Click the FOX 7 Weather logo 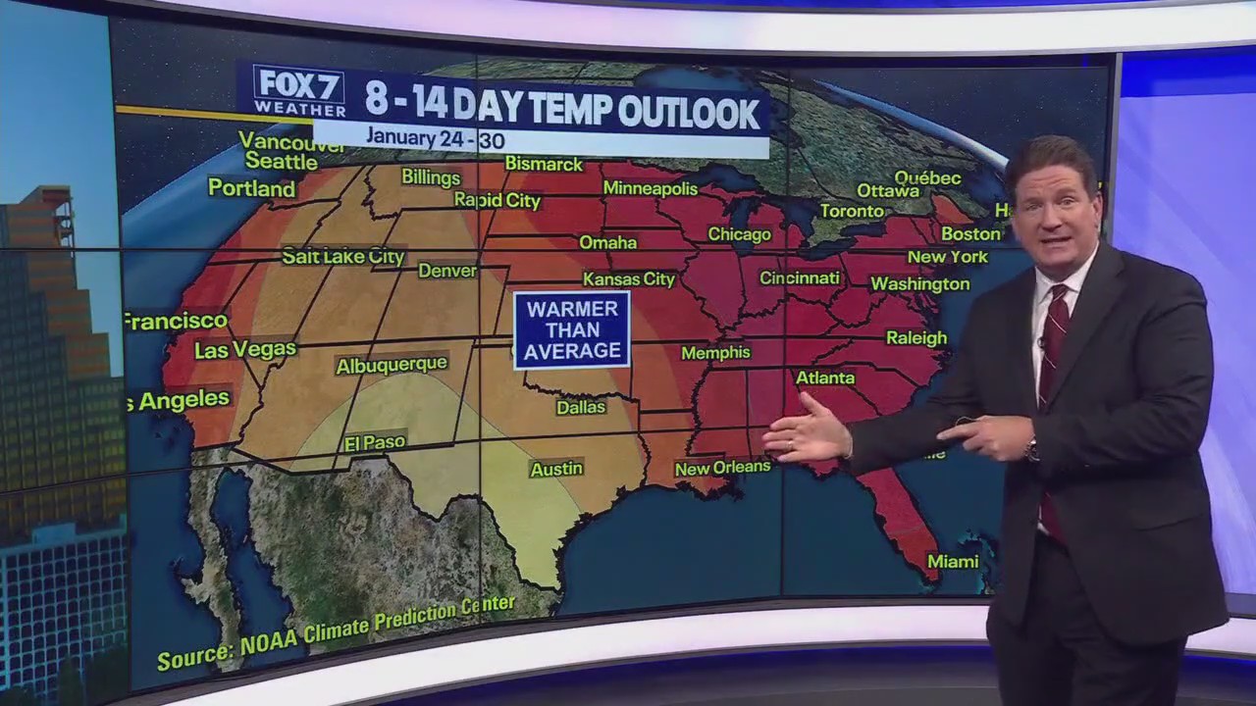[x=299, y=91]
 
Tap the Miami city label [x=953, y=562]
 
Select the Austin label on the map [x=556, y=470]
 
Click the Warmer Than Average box [x=572, y=329]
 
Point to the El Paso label [x=375, y=443]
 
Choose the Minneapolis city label [x=651, y=188]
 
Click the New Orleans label [x=722, y=468]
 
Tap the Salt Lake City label [x=342, y=257]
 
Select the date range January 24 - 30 [x=436, y=138]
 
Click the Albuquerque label [x=392, y=366]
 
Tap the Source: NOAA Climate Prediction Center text [x=336, y=632]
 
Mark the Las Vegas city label [x=244, y=349]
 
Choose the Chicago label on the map [x=739, y=234]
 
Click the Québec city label [x=927, y=177]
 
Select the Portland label [x=251, y=188]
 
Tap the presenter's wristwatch [x=1031, y=450]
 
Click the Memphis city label [x=715, y=353]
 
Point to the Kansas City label [x=629, y=279]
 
